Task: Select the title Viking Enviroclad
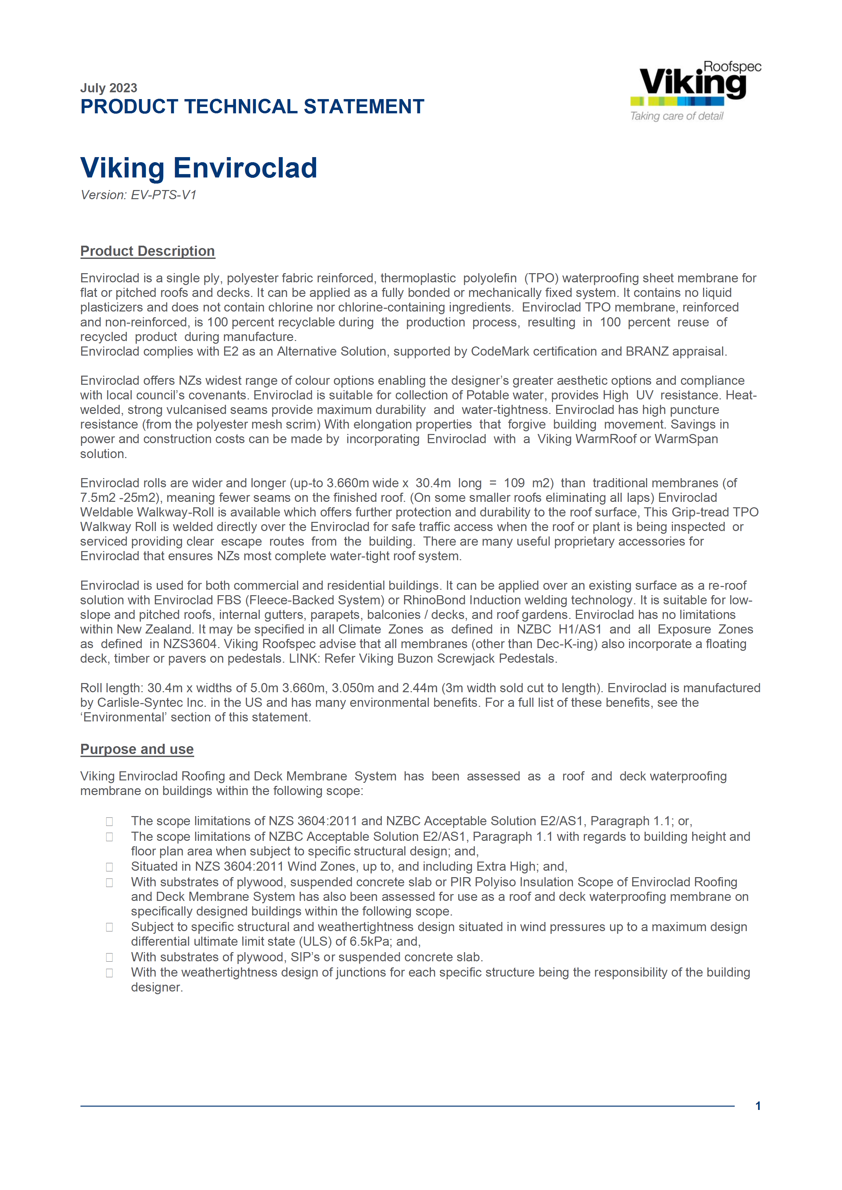(199, 168)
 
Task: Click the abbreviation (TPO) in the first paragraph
(541, 278)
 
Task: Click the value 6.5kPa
(369, 942)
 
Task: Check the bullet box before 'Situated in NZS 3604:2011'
(109, 867)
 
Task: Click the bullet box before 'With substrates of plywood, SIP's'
(109, 957)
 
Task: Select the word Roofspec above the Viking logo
(732, 67)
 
